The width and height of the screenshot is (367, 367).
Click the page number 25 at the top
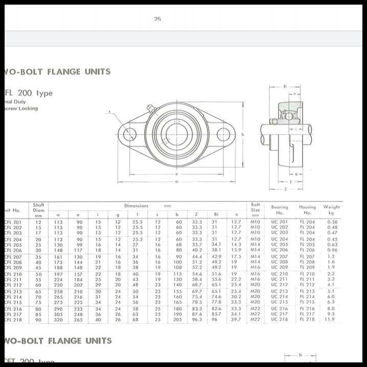tap(157, 19)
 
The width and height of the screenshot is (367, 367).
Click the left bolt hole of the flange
tap(130, 134)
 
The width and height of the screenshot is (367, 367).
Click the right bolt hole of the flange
tap(223, 134)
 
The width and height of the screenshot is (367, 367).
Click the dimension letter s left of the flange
tap(109, 111)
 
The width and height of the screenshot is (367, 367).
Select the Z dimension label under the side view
tap(285, 189)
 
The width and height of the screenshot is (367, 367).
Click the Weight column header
tap(331, 210)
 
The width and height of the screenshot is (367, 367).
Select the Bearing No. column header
tap(280, 210)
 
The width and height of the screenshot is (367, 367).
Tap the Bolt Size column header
tap(255, 210)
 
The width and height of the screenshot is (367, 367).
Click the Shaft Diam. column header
tap(39, 210)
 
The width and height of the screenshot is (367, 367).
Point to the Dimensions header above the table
tap(136, 205)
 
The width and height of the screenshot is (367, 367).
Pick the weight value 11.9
tap(330, 319)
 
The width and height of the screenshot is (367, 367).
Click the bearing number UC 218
tap(280, 319)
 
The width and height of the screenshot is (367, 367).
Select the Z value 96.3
tap(197, 319)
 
